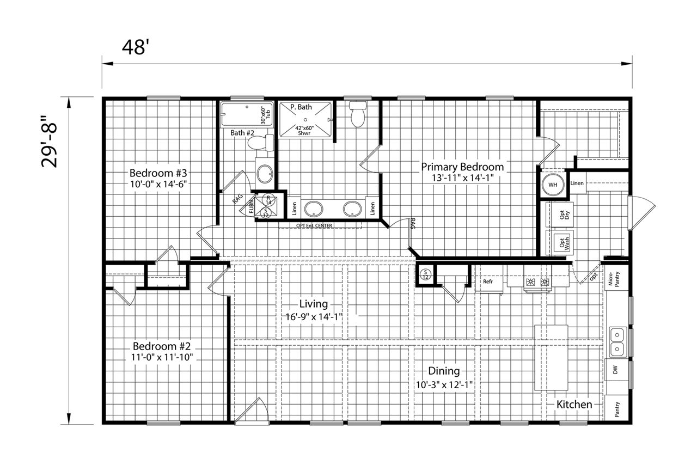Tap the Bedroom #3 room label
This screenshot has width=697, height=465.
[158, 173]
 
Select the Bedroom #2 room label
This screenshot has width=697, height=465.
[162, 346]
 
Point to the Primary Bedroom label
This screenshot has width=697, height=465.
[462, 167]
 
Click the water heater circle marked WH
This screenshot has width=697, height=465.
[553, 185]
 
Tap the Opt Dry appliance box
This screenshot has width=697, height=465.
[560, 215]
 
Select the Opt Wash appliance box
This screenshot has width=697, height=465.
[560, 242]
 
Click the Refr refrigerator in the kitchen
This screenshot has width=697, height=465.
[488, 279]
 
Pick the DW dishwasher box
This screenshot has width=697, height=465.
[616, 370]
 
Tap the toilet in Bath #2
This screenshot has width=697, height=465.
[261, 143]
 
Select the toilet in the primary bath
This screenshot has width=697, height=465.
[358, 114]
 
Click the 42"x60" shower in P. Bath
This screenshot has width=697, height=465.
[305, 120]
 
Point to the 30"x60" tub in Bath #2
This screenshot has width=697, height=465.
[247, 114]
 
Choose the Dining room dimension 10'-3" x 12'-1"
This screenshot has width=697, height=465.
[444, 385]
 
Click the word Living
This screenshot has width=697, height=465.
[313, 304]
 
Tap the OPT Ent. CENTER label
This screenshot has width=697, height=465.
[314, 225]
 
